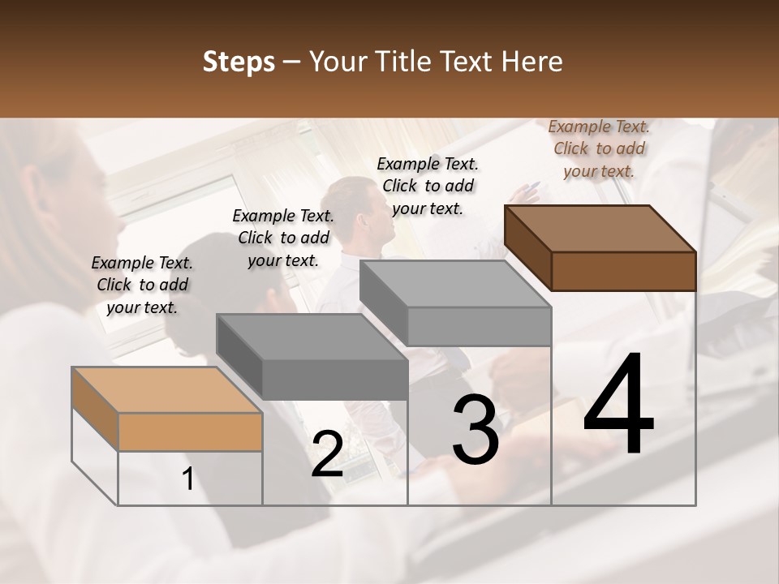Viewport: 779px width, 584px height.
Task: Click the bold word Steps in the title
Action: pyautogui.click(x=239, y=62)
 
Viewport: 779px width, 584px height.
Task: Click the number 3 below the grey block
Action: pyautogui.click(x=476, y=430)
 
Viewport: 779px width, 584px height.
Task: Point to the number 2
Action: pyautogui.click(x=327, y=455)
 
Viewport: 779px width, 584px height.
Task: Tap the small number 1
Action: pyautogui.click(x=188, y=479)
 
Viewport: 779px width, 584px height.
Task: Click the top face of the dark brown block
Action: pyautogui.click(x=599, y=228)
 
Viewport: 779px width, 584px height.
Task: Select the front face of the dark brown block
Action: pyautogui.click(x=623, y=271)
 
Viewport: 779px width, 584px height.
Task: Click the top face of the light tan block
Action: pyautogui.click(x=166, y=390)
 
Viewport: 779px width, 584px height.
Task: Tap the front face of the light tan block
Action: pyautogui.click(x=190, y=432)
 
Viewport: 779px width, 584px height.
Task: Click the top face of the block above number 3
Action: pyautogui.click(x=454, y=284)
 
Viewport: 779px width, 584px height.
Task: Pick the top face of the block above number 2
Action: pyautogui.click(x=312, y=337)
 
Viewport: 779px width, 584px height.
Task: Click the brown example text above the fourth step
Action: pyautogui.click(x=599, y=148)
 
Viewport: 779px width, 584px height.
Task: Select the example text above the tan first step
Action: pyautogui.click(x=142, y=285)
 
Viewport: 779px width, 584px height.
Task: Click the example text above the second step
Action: pyautogui.click(x=282, y=238)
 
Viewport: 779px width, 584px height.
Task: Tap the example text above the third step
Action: pyautogui.click(x=428, y=186)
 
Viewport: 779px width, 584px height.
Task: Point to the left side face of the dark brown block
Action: pyautogui.click(x=527, y=247)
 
